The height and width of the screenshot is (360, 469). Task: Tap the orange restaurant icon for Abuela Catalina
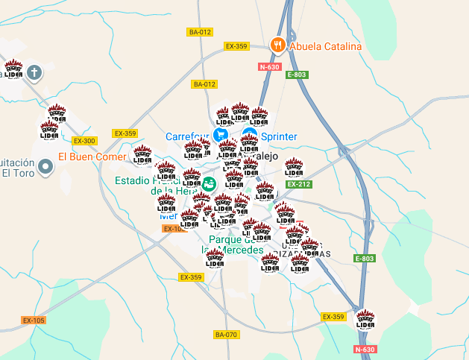pos(277,45)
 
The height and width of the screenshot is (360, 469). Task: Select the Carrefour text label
pos(187,136)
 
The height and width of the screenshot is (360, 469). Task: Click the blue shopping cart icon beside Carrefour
pos(221,135)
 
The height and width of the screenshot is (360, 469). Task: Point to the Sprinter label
pos(279,136)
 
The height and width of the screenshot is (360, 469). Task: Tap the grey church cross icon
pos(34,72)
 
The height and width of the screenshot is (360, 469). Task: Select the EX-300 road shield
pos(84,140)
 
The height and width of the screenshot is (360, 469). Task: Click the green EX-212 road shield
pos(298,183)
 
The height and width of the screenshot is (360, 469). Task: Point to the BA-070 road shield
pos(226,335)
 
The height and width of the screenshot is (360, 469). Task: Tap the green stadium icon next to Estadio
pos(210,183)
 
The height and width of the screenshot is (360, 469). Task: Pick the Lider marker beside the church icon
pos(13,69)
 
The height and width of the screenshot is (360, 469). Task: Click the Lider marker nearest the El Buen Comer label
pos(142,155)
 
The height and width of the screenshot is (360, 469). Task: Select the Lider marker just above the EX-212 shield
pos(294,168)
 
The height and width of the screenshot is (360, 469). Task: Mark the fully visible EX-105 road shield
pos(34,320)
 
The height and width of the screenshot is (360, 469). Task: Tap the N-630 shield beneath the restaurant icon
pos(269,67)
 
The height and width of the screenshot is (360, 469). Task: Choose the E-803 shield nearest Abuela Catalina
pos(296,75)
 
